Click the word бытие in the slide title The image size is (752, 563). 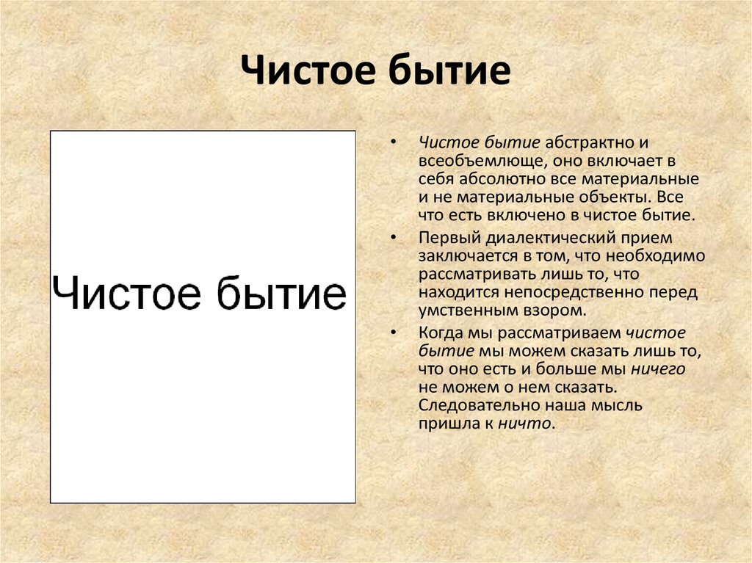point(449,69)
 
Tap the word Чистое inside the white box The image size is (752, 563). point(126,293)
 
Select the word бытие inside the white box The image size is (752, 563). point(281,292)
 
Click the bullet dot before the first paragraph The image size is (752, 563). point(394,142)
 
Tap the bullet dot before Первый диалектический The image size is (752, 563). point(394,237)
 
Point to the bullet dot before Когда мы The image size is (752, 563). point(394,332)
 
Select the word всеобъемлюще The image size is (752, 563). point(482,161)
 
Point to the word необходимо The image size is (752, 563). point(655,255)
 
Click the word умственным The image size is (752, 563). point(461,310)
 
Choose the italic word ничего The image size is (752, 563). point(658,368)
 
